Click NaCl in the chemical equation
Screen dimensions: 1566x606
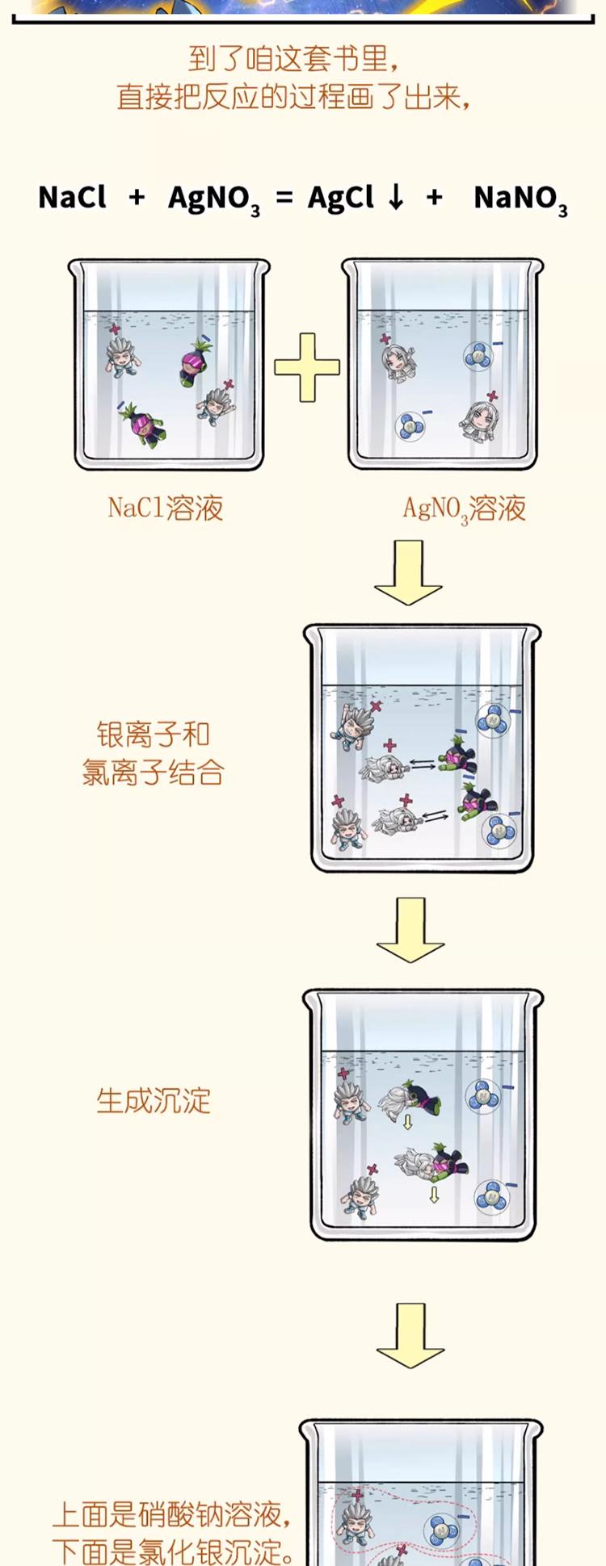click(x=72, y=197)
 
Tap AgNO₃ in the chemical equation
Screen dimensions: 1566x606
click(x=213, y=199)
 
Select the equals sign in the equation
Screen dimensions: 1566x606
click(x=284, y=197)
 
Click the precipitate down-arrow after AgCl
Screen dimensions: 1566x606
click(x=395, y=197)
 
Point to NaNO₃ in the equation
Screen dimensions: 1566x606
click(x=520, y=199)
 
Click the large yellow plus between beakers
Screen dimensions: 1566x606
click(x=307, y=367)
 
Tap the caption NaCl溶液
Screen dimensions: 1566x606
click(x=166, y=508)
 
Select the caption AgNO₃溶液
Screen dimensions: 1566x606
click(x=465, y=509)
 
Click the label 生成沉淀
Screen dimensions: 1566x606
click(x=154, y=1100)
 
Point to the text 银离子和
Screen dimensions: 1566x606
click(x=154, y=735)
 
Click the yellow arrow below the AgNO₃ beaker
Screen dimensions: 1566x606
click(x=409, y=572)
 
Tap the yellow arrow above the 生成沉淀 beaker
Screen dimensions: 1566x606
click(x=410, y=929)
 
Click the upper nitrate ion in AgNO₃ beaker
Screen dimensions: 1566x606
click(x=478, y=355)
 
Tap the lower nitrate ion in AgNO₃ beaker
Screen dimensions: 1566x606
click(x=410, y=425)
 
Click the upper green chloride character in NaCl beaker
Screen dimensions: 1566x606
click(x=194, y=362)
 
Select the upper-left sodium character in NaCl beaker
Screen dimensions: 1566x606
click(x=121, y=356)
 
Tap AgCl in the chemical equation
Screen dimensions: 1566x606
click(x=340, y=197)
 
